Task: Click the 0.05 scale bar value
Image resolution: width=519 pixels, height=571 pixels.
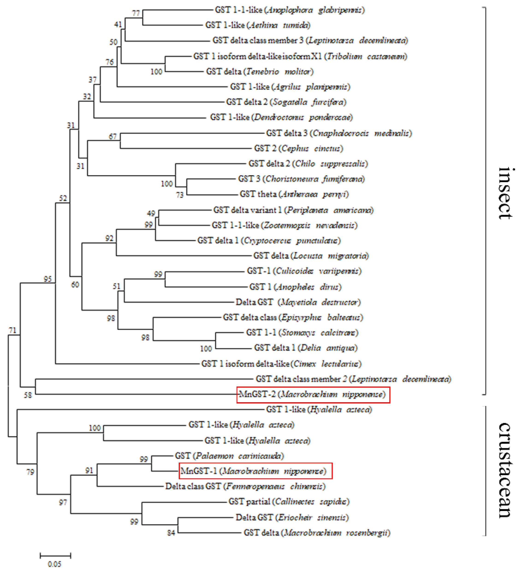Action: pyautogui.click(x=54, y=564)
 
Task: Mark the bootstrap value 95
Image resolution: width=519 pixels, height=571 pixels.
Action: pyautogui.click(x=47, y=279)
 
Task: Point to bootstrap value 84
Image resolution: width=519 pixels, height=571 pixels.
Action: pyautogui.click(x=171, y=533)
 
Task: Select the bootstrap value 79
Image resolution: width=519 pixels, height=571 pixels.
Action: pyautogui.click(x=30, y=472)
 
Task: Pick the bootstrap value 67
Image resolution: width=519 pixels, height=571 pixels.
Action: pyautogui.click(x=113, y=136)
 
